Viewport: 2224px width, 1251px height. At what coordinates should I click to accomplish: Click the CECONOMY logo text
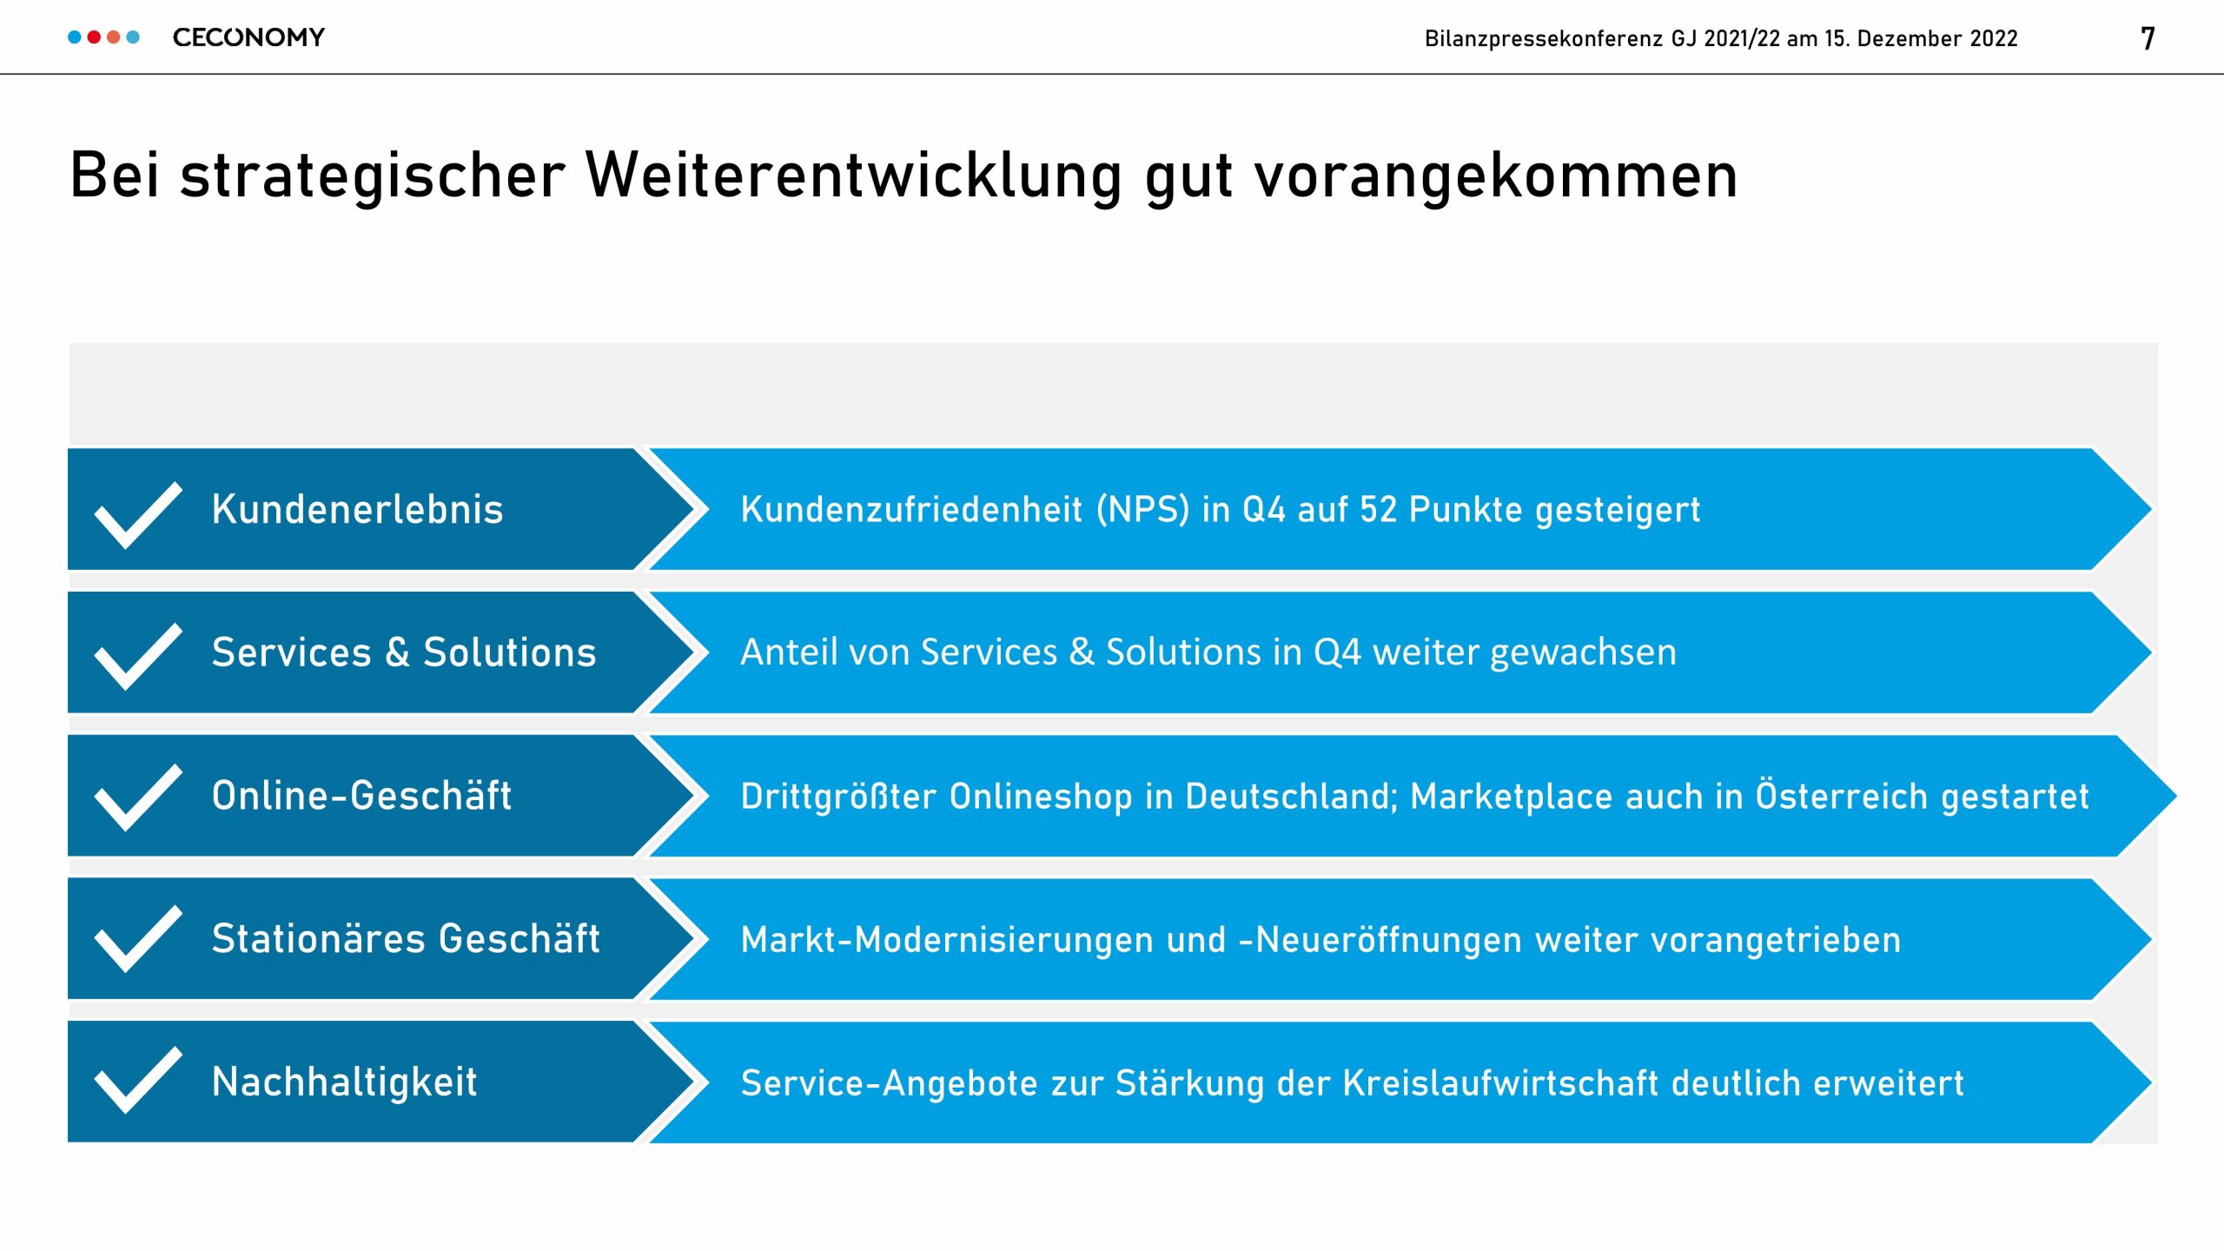click(x=248, y=37)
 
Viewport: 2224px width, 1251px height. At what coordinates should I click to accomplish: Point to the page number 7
click(x=2148, y=39)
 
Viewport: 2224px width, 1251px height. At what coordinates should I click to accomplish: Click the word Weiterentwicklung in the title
click(x=854, y=176)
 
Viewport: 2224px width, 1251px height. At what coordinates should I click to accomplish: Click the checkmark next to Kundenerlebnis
click(x=138, y=515)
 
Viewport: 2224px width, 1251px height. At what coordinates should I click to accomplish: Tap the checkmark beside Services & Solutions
click(x=138, y=658)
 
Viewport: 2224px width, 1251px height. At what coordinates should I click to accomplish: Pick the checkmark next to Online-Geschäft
click(x=138, y=798)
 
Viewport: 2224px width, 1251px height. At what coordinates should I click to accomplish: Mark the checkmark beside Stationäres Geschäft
click(x=138, y=939)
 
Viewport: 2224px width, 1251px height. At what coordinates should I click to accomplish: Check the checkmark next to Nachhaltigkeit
click(x=138, y=1081)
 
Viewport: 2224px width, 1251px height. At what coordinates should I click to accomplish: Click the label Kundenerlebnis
click(x=357, y=509)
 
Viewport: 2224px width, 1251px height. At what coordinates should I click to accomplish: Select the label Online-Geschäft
click(x=361, y=796)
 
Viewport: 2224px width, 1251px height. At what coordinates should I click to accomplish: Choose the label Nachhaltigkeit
click(x=344, y=1082)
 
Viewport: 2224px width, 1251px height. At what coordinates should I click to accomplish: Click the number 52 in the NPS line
click(x=1378, y=510)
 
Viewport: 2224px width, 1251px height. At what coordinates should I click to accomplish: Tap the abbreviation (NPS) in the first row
click(x=1142, y=510)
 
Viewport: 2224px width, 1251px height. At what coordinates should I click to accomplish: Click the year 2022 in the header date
click(x=1994, y=39)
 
